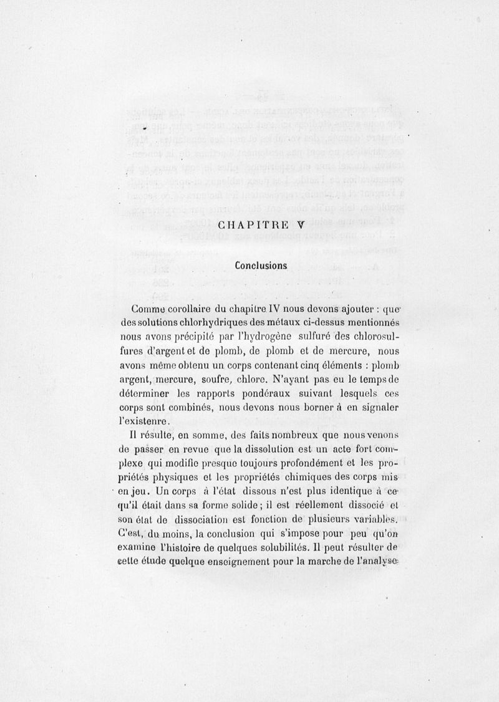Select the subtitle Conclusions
click(261, 265)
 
